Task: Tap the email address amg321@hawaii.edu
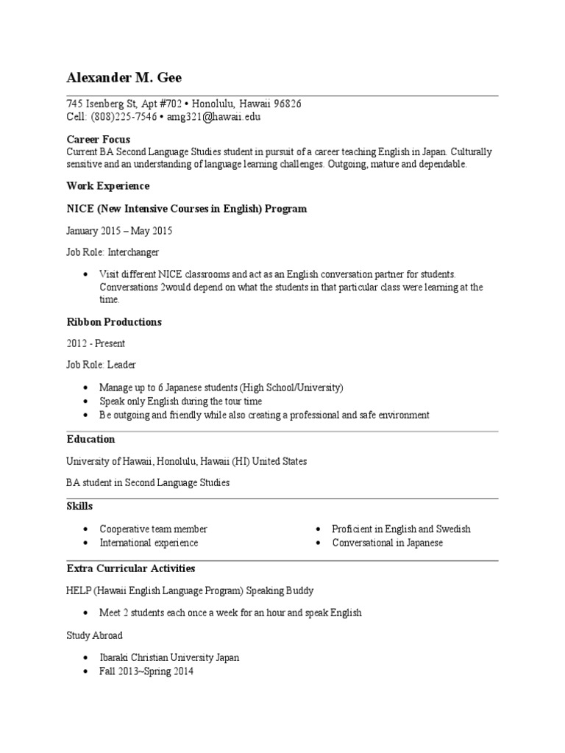click(213, 117)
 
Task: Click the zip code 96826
click(286, 104)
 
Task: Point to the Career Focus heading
click(98, 139)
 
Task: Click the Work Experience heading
click(107, 186)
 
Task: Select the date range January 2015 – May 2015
click(119, 231)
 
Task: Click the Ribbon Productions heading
click(114, 322)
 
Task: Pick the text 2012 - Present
click(96, 343)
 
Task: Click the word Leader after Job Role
click(122, 365)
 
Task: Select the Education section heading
click(90, 439)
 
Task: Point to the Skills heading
click(79, 507)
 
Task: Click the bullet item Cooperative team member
click(153, 529)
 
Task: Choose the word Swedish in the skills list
click(453, 529)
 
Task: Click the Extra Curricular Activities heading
click(130, 568)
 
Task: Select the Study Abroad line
click(94, 635)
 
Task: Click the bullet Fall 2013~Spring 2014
click(146, 671)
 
